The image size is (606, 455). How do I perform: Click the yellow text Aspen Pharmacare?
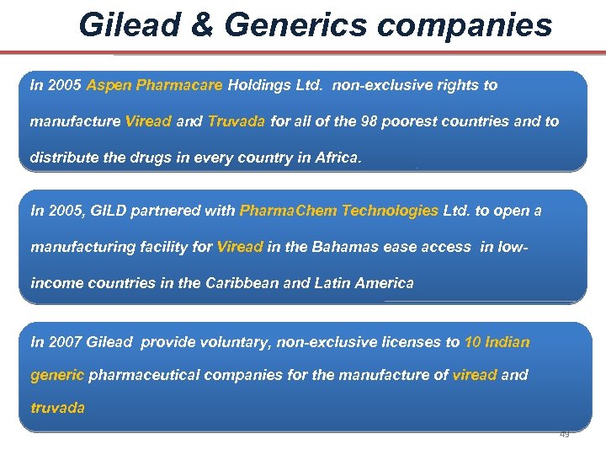click(x=155, y=85)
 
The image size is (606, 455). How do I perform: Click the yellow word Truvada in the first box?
click(x=237, y=121)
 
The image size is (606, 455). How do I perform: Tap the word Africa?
click(x=337, y=158)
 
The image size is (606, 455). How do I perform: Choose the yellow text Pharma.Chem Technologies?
click(x=339, y=211)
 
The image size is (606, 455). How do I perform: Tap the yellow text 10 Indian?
click(x=497, y=342)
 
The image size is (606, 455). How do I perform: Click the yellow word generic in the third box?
click(x=57, y=374)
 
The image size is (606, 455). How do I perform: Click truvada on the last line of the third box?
click(x=57, y=407)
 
